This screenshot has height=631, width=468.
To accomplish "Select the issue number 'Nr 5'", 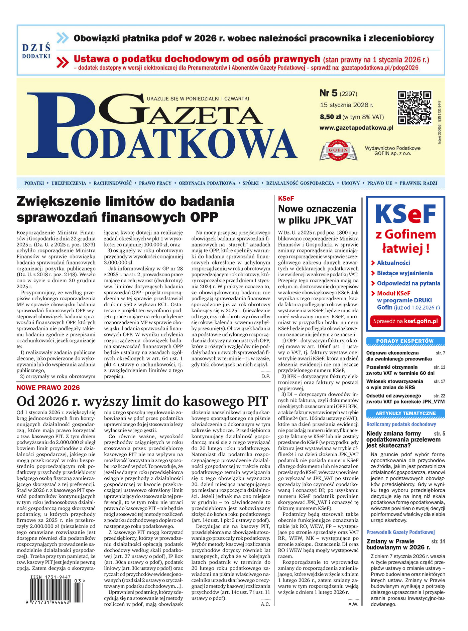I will click(329, 93).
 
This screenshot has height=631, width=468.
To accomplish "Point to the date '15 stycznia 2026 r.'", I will click(346, 105).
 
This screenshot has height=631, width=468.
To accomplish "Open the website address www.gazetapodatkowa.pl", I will click(356, 128).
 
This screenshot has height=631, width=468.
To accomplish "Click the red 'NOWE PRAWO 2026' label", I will click(48, 387).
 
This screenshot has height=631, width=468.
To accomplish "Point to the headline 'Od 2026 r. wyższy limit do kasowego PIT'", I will click(142, 401).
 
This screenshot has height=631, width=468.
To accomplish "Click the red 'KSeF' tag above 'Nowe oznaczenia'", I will click(286, 198).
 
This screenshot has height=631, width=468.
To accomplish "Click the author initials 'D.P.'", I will click(266, 376).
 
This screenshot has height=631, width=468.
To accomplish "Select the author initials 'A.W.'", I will click(353, 604).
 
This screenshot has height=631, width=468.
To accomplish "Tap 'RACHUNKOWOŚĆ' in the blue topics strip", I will click(113, 183).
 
